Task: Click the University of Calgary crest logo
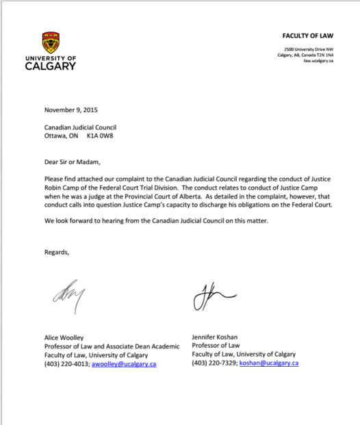pos(51,42)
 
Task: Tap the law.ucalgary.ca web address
pos(318,61)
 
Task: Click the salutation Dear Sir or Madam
pos(73,162)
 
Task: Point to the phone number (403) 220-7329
pos(214,363)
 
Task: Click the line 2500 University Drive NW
pos(309,49)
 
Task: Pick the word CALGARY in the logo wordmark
pos(51,66)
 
